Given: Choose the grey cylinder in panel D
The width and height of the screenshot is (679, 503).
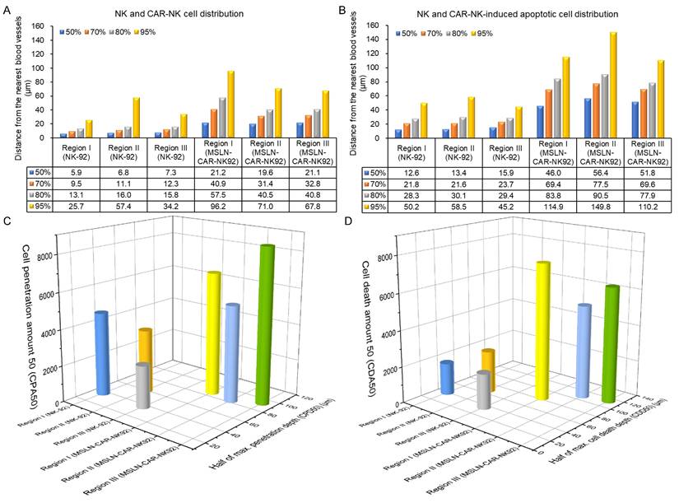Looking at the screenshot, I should pos(483,389).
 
